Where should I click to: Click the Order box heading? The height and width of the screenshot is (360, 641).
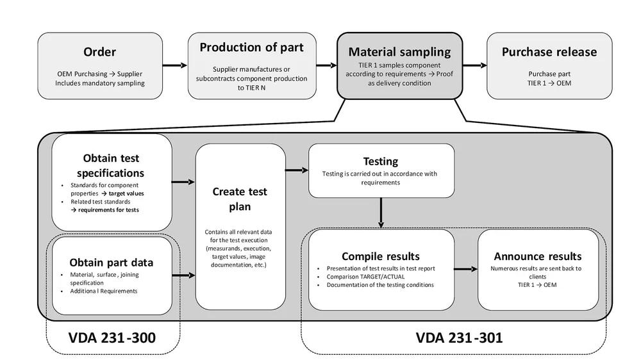100,52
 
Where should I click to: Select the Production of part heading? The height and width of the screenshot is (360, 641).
251,47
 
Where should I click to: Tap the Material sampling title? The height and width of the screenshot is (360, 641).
399,52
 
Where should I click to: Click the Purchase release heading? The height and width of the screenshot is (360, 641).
549,52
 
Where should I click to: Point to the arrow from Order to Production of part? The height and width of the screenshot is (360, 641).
175,65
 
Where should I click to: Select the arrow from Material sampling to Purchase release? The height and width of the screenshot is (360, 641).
474,65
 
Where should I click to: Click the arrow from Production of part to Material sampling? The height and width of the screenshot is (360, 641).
327,65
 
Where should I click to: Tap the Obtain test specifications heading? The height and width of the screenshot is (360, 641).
111,165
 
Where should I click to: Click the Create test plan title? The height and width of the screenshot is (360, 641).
240,199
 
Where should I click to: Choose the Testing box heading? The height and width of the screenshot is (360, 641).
381,161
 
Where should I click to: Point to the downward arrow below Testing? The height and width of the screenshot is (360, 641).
381,213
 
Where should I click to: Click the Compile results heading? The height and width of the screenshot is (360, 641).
381,256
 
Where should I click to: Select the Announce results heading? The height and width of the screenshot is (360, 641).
538,256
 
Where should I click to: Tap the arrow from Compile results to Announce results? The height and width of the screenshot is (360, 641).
465,269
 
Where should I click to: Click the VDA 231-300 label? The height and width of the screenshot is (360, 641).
112,338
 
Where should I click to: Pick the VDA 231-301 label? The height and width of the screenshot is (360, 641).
459,338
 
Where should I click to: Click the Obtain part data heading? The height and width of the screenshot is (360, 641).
111,263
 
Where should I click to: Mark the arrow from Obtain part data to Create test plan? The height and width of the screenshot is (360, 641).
183,275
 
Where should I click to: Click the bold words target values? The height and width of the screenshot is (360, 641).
126,193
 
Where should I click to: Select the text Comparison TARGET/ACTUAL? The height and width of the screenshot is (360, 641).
365,277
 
